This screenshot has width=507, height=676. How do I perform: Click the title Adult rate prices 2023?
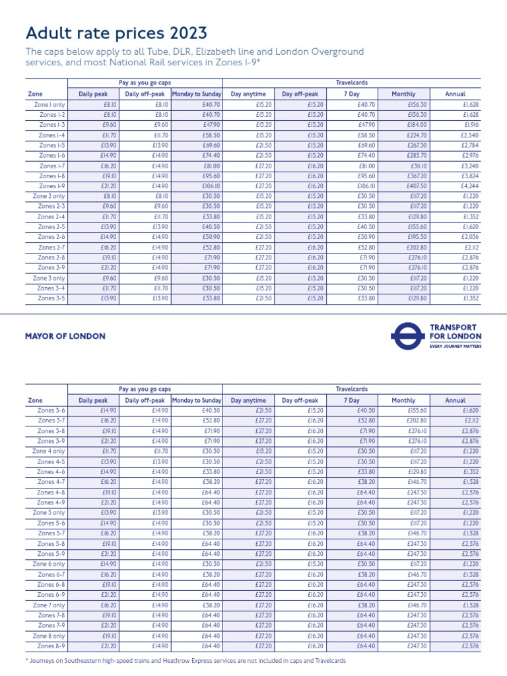(x=116, y=32)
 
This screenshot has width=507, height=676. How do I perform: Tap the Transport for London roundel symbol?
(x=407, y=335)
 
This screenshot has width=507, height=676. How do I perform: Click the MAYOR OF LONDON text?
(x=65, y=336)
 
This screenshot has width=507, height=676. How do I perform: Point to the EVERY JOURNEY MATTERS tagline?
(x=456, y=345)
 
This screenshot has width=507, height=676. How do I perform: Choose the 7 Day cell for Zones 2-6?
(x=350, y=237)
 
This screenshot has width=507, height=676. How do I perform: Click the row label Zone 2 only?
(x=49, y=197)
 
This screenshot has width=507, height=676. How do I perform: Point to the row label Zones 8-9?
(x=51, y=646)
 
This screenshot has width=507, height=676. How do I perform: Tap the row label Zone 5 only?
(x=49, y=513)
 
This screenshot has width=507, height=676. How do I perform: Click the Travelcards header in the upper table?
(x=351, y=83)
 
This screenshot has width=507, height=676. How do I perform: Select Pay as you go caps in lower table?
(x=145, y=389)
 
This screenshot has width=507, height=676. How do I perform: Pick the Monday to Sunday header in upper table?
(x=196, y=94)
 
